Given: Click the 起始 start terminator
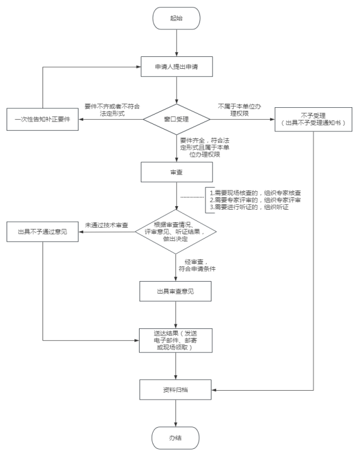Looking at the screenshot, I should (x=176, y=19).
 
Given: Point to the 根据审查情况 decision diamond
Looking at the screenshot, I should (x=176, y=231).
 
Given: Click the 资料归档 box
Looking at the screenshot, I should (x=176, y=389).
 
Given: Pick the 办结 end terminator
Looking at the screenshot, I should (x=176, y=438).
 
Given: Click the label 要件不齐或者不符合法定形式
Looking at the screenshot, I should (x=112, y=109).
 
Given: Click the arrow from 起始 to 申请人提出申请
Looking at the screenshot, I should (x=176, y=42).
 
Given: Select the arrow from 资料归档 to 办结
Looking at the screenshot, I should (x=176, y=413).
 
